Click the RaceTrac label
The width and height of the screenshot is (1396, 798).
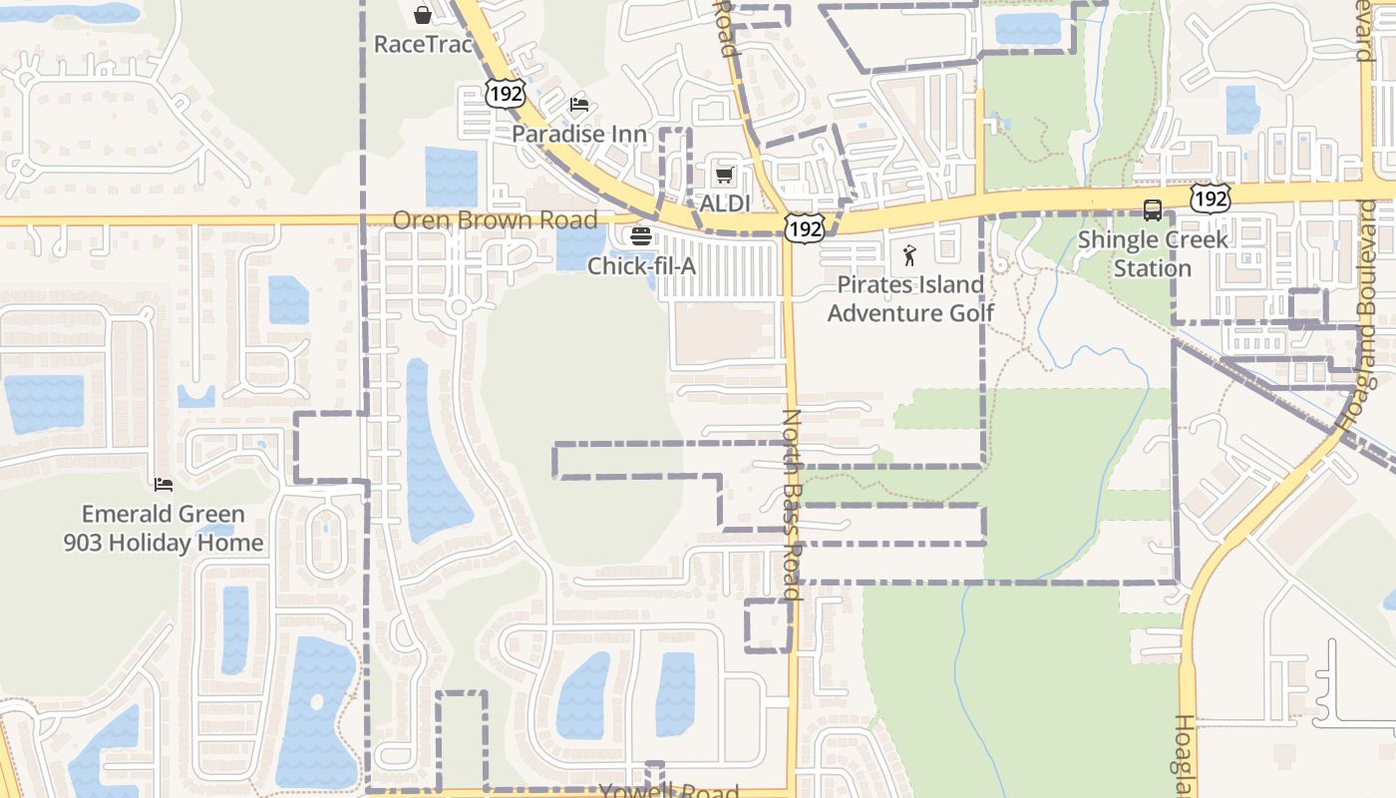pos(422,44)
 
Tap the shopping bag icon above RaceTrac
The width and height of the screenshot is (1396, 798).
pos(423,15)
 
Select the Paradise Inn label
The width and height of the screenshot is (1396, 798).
pos(579,134)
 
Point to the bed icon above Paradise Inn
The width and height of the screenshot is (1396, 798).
pos(579,105)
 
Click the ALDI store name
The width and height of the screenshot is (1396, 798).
pos(724,203)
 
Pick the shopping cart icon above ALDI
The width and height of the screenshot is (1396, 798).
pos(725,176)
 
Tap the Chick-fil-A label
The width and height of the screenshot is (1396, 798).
pos(640,266)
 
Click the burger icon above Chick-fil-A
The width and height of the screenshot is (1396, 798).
pos(640,237)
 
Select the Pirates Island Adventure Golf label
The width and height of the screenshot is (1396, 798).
pos(910,298)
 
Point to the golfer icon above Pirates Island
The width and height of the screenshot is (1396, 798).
pos(909,255)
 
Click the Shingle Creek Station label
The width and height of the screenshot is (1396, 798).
pos(1153,253)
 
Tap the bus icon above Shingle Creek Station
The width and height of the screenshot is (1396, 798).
pos(1153,210)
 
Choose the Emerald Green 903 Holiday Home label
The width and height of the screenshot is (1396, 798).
pos(164,529)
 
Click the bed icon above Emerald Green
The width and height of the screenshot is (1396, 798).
pos(164,485)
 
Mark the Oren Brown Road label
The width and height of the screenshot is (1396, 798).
pos(495,219)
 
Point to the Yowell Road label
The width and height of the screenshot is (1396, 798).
pos(669,792)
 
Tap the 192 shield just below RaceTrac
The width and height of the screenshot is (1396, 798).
pos(506,94)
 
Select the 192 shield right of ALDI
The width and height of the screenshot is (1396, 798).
pos(804,229)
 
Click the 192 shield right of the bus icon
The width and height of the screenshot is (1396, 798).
pos(1211,199)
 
